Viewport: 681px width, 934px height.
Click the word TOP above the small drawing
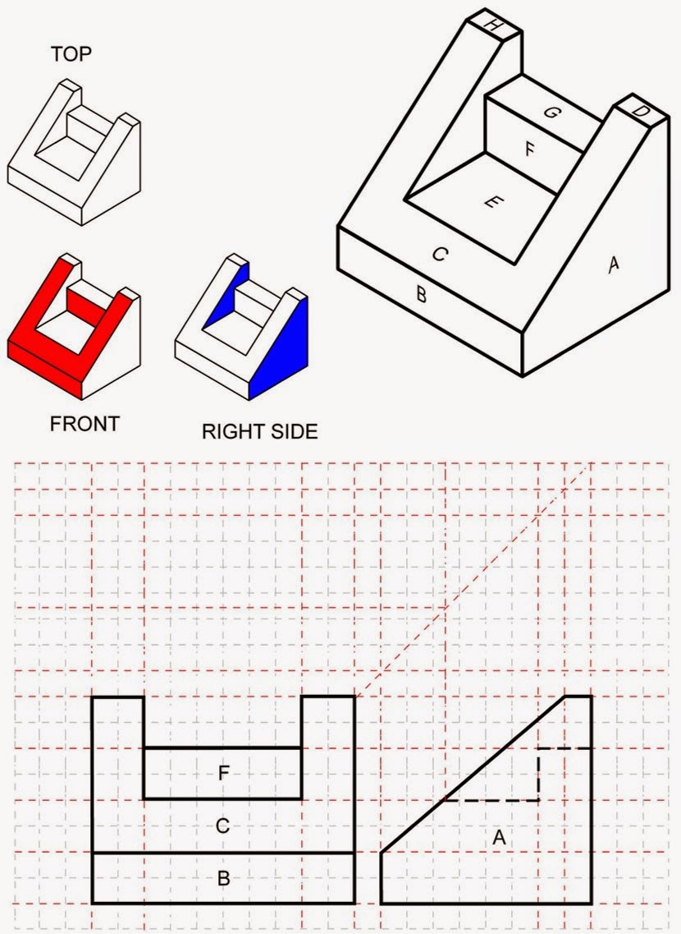pyautogui.click(x=71, y=54)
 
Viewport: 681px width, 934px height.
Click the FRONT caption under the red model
pyautogui.click(x=85, y=424)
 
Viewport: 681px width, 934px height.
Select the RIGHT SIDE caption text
pyautogui.click(x=259, y=431)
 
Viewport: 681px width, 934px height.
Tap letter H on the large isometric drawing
pyautogui.click(x=493, y=24)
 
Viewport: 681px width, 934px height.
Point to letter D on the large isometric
pyautogui.click(x=642, y=111)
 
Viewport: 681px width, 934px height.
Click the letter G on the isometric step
pyautogui.click(x=552, y=113)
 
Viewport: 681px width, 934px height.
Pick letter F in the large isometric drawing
pyautogui.click(x=530, y=150)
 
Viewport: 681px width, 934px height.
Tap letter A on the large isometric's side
pyautogui.click(x=611, y=265)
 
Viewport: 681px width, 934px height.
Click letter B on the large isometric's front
pyautogui.click(x=421, y=293)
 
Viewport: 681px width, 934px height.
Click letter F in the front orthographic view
pyautogui.click(x=222, y=773)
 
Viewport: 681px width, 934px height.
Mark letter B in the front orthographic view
pyautogui.click(x=222, y=878)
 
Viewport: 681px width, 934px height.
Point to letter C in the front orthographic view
pyautogui.click(x=222, y=826)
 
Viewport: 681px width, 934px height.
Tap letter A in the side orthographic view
pyautogui.click(x=498, y=838)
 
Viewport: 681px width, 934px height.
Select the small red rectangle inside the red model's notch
pyautogui.click(x=80, y=299)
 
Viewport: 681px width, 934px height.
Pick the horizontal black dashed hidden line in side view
pyautogui.click(x=492, y=799)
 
